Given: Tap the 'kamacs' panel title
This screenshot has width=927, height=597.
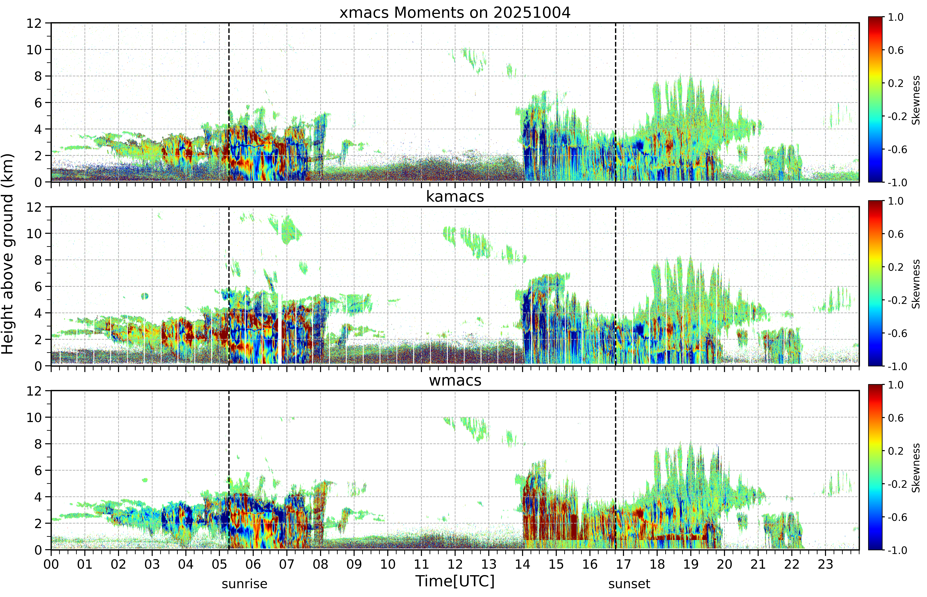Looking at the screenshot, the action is tap(455, 197).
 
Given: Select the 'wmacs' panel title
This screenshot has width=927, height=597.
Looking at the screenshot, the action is tap(455, 380).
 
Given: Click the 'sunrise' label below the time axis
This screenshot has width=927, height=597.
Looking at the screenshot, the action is tap(244, 584).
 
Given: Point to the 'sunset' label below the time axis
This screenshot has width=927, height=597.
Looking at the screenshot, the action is tap(629, 584).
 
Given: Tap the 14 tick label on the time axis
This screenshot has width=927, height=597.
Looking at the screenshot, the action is tap(522, 564).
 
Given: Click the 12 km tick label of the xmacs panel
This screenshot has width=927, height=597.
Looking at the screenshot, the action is tap(34, 23).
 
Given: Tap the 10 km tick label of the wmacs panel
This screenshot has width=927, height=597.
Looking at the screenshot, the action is tap(34, 418).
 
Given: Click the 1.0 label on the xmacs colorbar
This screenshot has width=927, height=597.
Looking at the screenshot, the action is tap(896, 17).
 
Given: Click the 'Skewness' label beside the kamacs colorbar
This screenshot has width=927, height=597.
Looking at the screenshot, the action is tap(916, 284).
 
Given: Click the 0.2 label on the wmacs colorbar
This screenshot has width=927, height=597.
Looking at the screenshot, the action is tap(896, 451).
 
